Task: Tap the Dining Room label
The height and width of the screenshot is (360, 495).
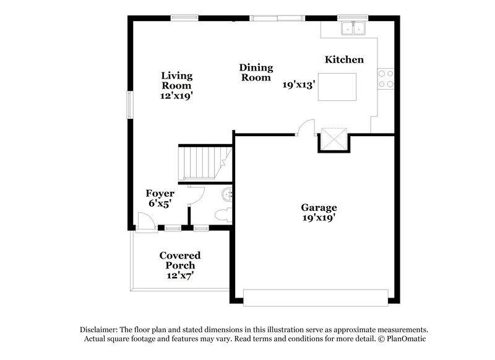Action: click(x=256, y=72)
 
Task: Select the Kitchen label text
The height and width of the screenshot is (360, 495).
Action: click(x=344, y=60)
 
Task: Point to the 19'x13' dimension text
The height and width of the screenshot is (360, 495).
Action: click(x=299, y=85)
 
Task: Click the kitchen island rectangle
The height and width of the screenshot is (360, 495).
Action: click(x=337, y=86)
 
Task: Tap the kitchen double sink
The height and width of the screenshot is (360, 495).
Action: click(x=353, y=28)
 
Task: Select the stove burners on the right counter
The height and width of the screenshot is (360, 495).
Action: click(x=387, y=78)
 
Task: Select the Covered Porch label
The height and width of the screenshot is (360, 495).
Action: click(x=179, y=260)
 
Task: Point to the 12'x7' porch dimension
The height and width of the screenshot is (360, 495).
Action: click(x=179, y=276)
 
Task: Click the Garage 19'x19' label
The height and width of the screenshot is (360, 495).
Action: click(x=319, y=212)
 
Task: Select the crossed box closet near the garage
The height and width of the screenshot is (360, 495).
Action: click(x=334, y=139)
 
